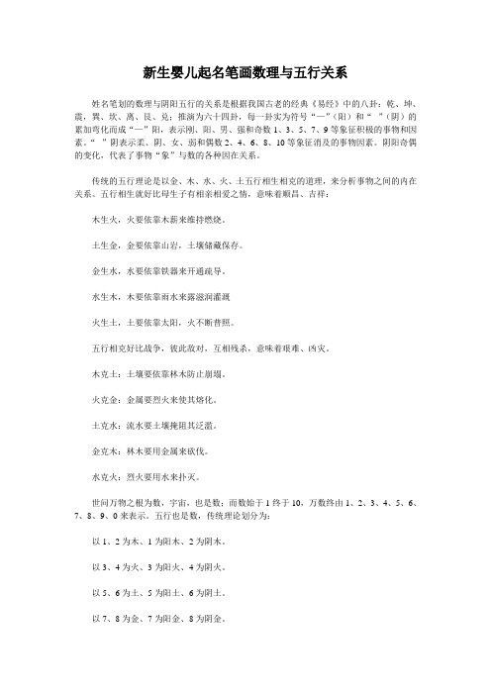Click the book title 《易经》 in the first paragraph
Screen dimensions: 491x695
coord(331,102)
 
